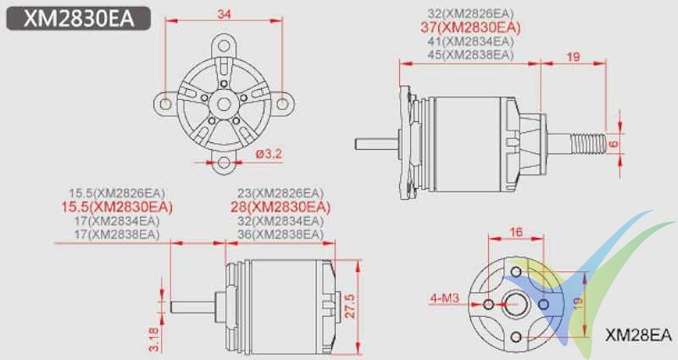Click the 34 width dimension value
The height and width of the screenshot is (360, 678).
(223, 14)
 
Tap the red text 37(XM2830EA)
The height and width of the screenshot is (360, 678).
(470, 28)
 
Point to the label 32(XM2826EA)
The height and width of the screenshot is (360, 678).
(470, 14)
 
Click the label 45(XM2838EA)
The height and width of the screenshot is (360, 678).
(470, 54)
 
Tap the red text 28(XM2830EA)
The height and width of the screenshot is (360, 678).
(280, 207)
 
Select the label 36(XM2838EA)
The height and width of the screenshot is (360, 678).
(280, 233)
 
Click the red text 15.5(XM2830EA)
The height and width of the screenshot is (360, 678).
(117, 207)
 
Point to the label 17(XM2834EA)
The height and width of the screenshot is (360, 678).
(117, 220)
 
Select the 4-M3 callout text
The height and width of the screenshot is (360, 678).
(446, 299)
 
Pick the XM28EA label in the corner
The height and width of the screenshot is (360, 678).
(639, 335)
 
